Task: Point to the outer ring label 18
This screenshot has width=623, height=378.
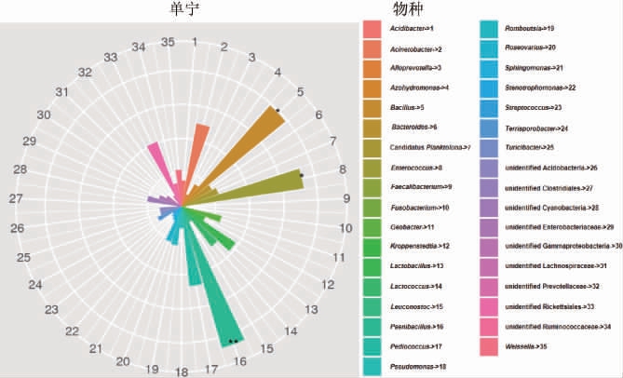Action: click(182, 371)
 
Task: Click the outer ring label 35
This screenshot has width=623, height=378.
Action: click(169, 42)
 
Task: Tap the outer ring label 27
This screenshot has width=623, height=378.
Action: click(16, 198)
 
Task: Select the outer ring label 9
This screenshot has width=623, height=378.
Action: click(347, 197)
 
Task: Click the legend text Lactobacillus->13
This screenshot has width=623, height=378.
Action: click(416, 266)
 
